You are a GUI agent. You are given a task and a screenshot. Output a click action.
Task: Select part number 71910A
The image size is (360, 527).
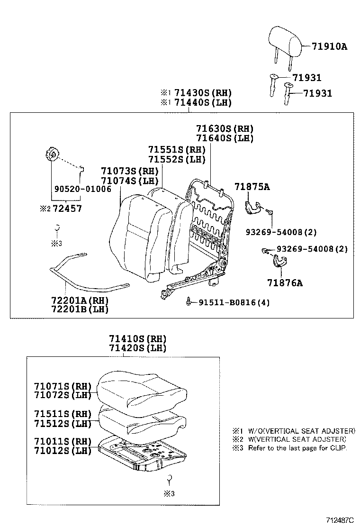(x=329, y=46)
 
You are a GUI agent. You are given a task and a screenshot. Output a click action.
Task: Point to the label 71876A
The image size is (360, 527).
(x=285, y=283)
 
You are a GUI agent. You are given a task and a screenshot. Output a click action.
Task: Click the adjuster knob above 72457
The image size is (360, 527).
(x=52, y=154)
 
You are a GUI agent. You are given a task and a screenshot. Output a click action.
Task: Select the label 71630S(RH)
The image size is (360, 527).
(x=225, y=129)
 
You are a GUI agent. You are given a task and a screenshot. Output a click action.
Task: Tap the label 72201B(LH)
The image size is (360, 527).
(x=80, y=309)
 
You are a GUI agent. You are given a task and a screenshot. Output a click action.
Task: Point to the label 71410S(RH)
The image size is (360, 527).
(x=138, y=338)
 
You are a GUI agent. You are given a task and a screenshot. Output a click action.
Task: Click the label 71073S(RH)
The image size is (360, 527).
(x=129, y=171)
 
